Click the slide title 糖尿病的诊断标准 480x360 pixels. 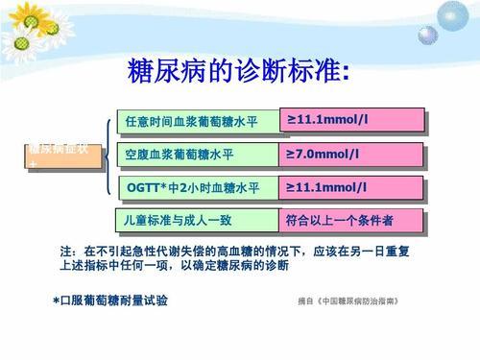[x=239, y=70]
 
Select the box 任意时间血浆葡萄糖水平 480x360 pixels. [x=193, y=121]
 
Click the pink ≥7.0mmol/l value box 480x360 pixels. [x=350, y=154]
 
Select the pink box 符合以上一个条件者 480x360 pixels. [x=350, y=220]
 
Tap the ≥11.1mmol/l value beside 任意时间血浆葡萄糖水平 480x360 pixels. [x=350, y=119]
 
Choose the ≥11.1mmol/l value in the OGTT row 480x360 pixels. [x=350, y=185]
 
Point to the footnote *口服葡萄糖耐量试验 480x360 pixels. [x=110, y=300]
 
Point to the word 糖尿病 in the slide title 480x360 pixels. [x=158, y=70]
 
